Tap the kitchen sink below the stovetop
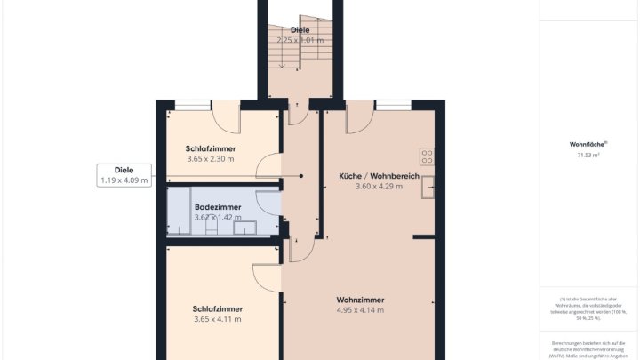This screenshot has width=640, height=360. click(x=429, y=187)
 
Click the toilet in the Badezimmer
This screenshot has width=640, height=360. click(x=212, y=228)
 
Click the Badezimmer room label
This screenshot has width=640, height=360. click(x=217, y=206)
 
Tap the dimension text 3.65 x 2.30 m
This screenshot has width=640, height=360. click(x=211, y=159)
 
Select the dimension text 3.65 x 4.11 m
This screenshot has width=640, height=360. click(x=217, y=319)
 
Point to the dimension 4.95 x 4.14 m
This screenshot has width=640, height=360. click(x=360, y=310)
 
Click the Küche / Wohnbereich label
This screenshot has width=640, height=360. click(x=379, y=176)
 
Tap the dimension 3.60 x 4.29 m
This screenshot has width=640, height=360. click(x=379, y=187)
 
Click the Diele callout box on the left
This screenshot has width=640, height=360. click(x=124, y=175)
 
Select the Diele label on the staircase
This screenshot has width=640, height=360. click(x=300, y=29)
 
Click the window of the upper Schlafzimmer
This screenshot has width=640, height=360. click(x=187, y=105)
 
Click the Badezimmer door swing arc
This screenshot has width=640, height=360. click(x=268, y=204)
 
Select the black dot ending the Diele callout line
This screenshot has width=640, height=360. click(x=301, y=176)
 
